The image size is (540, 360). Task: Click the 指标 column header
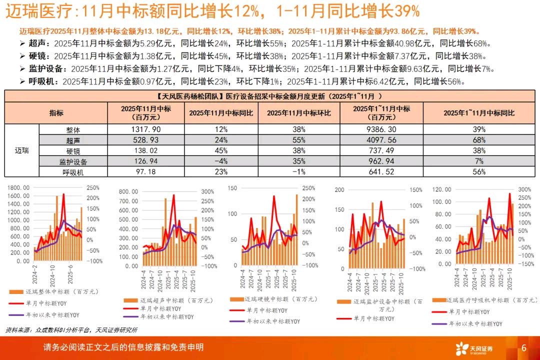coord(56,113)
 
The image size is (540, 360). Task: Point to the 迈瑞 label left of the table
coord(22,150)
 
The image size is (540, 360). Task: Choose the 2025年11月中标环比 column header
coord(299,113)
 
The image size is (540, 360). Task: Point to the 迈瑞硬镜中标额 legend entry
coord(273,299)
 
